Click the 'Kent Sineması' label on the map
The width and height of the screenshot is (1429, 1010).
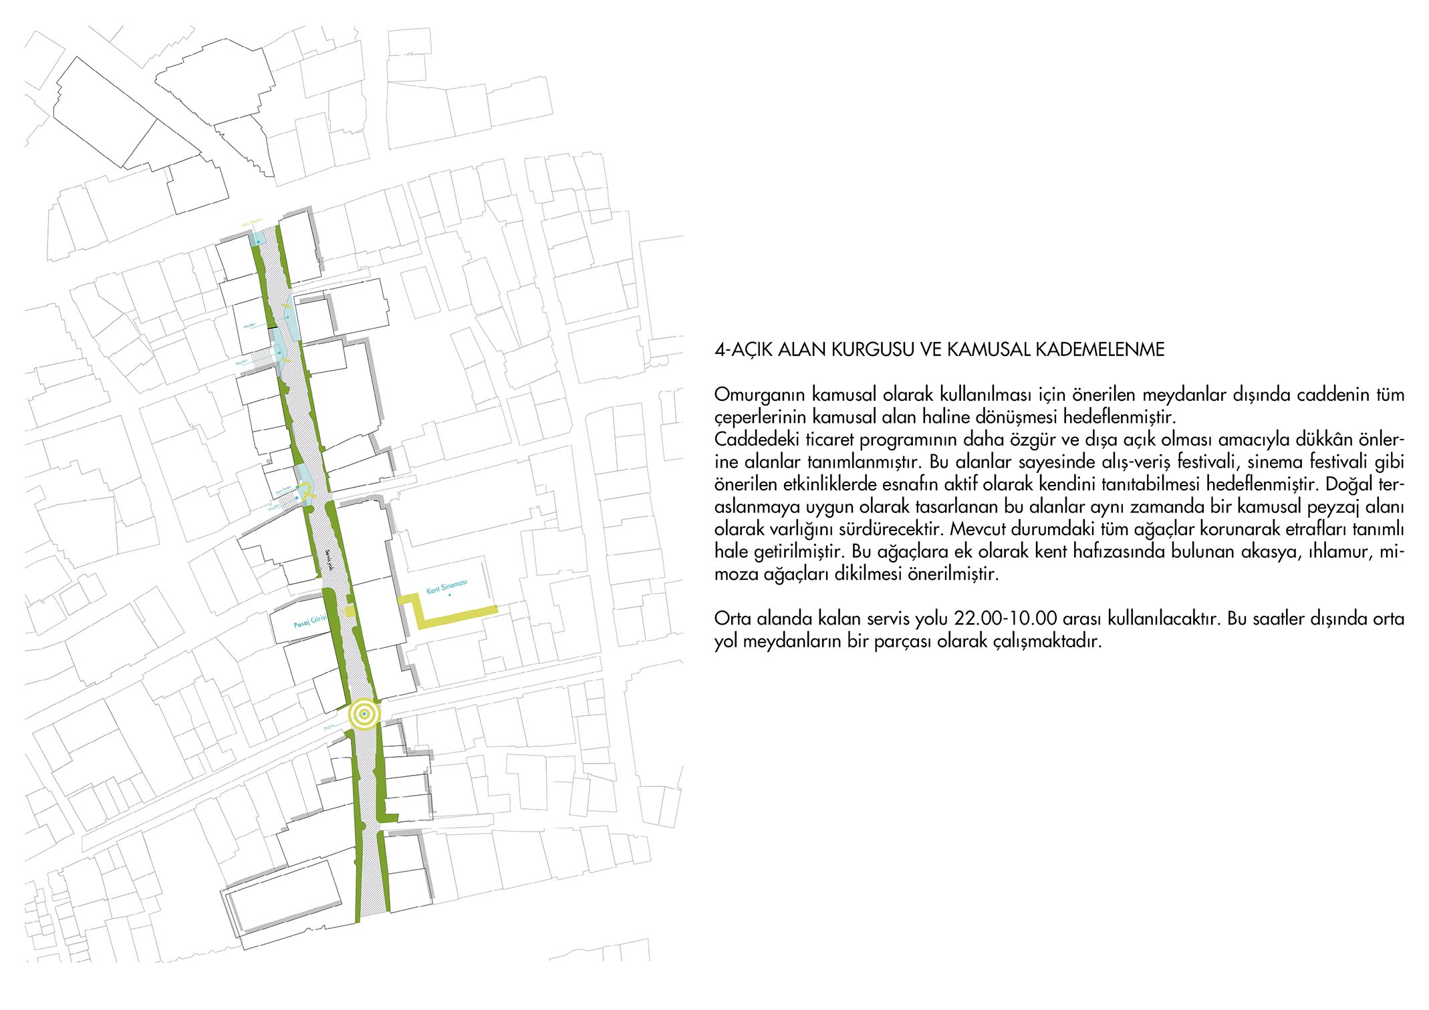click(446, 587)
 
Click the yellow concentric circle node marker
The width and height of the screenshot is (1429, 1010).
click(364, 715)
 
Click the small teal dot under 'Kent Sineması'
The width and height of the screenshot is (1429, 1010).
click(450, 595)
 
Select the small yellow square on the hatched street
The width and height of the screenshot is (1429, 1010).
click(350, 612)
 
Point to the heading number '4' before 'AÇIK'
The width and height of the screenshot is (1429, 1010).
click(719, 349)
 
